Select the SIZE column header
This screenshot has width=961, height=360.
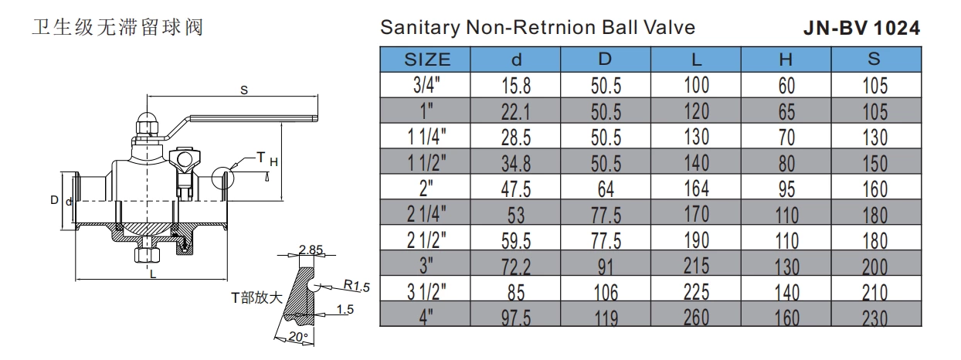tap(426, 59)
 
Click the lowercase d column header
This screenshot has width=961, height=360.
tap(517, 59)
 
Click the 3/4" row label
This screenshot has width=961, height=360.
tap(426, 86)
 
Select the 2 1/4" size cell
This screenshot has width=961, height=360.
tap(426, 213)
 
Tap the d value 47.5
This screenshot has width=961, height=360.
tap(517, 188)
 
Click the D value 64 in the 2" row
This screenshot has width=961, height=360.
tap(606, 188)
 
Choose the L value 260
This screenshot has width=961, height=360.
tap(697, 316)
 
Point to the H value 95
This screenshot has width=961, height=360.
tap(786, 188)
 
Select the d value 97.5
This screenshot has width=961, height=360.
tap(517, 316)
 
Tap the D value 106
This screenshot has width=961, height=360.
tap(606, 291)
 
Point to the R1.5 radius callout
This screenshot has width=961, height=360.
tap(358, 286)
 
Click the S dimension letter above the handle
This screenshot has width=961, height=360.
tap(243, 90)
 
